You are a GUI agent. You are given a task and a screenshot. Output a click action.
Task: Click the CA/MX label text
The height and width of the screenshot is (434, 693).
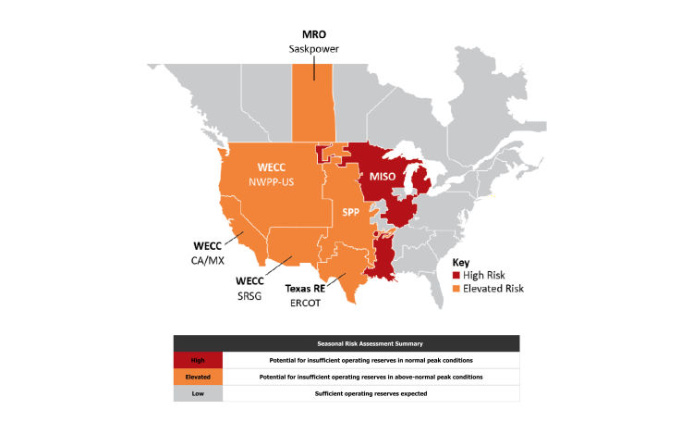click(x=210, y=260)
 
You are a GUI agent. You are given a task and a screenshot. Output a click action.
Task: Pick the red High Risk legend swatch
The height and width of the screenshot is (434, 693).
click(x=456, y=276)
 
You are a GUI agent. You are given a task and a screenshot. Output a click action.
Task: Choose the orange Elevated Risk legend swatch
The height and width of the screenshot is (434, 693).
click(x=456, y=289)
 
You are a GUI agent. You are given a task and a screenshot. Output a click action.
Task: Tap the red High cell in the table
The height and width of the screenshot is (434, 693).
click(x=199, y=360)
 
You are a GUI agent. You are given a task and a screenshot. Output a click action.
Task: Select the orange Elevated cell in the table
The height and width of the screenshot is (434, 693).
click(x=199, y=377)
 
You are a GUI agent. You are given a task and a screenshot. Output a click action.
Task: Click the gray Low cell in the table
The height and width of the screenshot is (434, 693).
click(x=199, y=393)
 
